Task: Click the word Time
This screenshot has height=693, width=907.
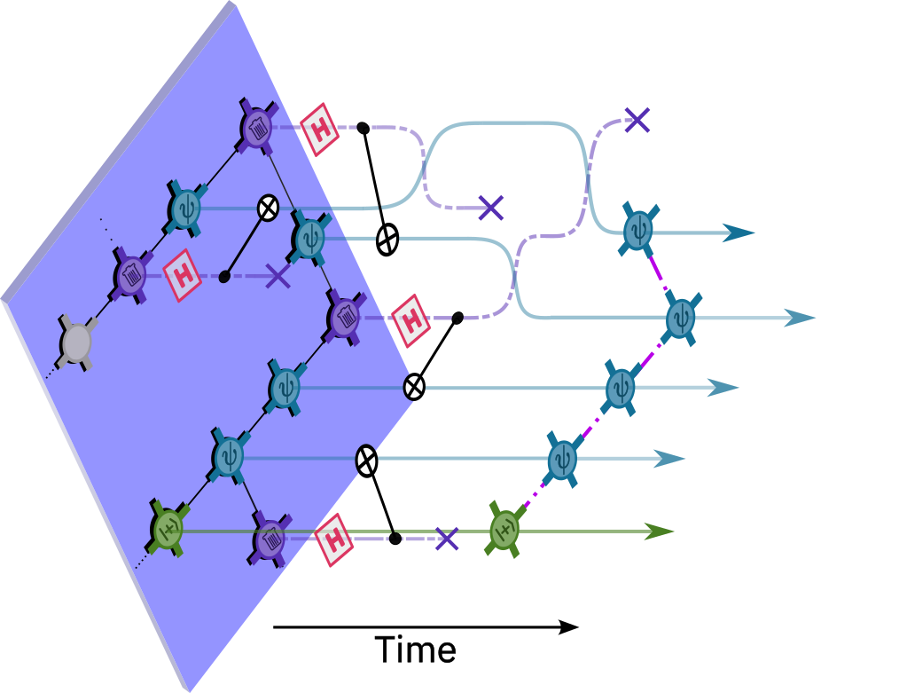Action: (415, 650)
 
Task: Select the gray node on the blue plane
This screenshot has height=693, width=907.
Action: (77, 341)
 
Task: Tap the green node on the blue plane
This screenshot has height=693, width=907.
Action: (168, 530)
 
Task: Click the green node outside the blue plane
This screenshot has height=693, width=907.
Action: (504, 530)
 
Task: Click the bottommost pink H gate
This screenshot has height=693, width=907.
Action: (334, 539)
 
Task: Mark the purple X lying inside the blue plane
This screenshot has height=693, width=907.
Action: (278, 276)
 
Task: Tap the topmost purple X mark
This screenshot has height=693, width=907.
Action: (637, 119)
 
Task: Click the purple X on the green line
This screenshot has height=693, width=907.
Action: (447, 538)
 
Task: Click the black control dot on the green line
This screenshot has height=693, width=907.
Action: (395, 538)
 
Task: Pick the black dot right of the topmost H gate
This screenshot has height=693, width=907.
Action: (363, 129)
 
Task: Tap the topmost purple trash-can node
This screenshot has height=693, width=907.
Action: (255, 126)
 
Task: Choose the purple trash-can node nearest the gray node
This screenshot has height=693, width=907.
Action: (129, 274)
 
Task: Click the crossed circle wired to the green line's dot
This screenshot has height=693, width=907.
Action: (367, 460)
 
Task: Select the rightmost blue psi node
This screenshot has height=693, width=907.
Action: (680, 317)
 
